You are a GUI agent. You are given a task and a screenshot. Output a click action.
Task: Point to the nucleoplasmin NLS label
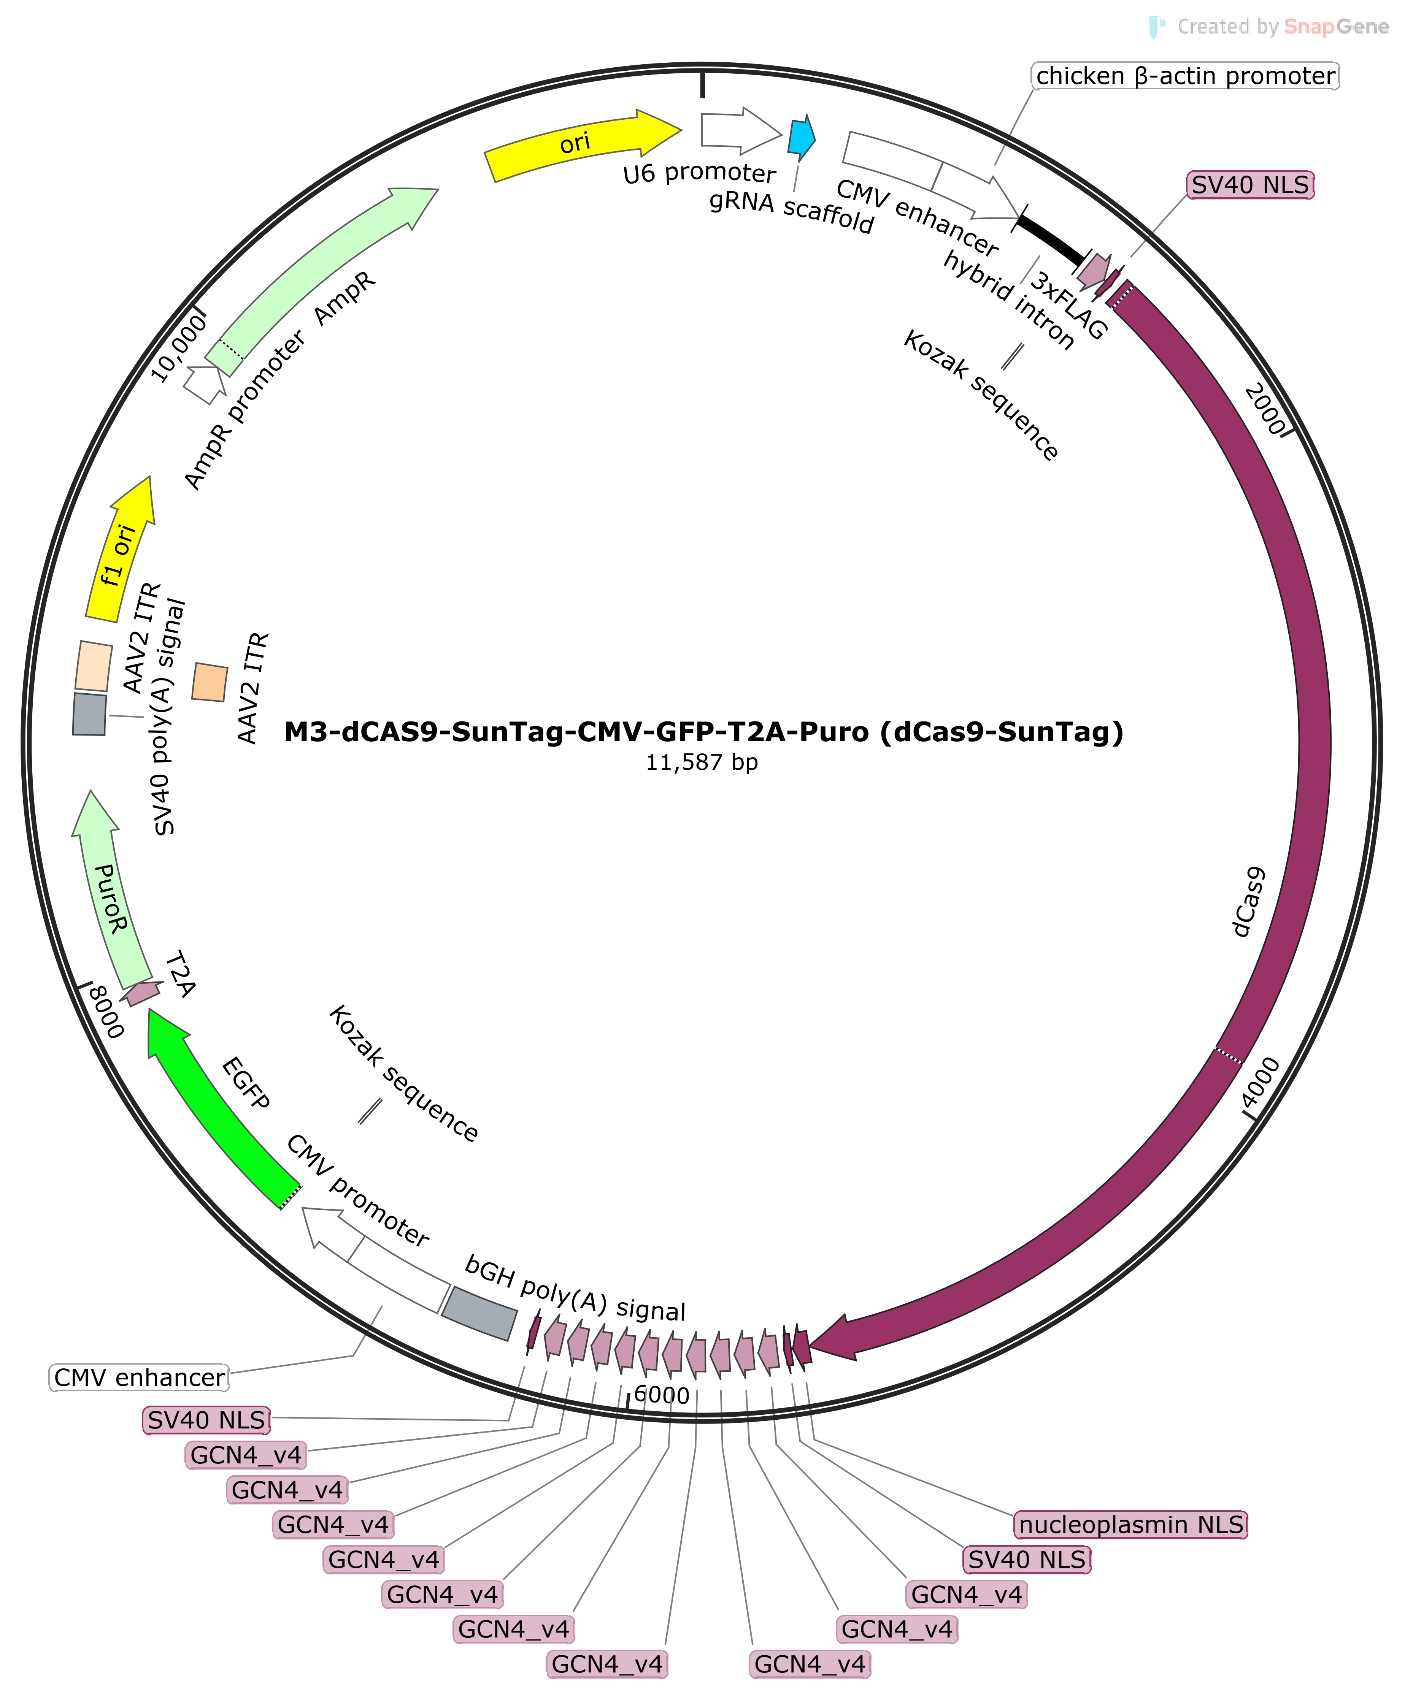point(1131,1525)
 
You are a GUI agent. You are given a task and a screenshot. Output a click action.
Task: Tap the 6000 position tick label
point(661,1395)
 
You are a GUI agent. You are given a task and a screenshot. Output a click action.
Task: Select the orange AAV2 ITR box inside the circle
point(210,682)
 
